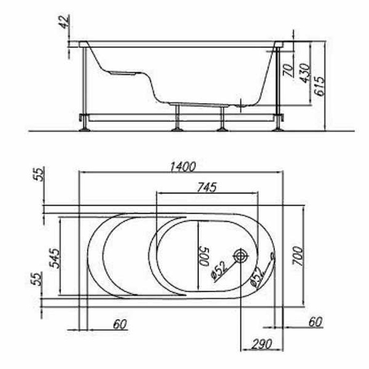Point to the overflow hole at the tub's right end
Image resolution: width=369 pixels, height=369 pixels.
[x=273, y=257]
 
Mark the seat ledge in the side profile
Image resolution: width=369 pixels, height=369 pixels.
[x=123, y=72]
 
